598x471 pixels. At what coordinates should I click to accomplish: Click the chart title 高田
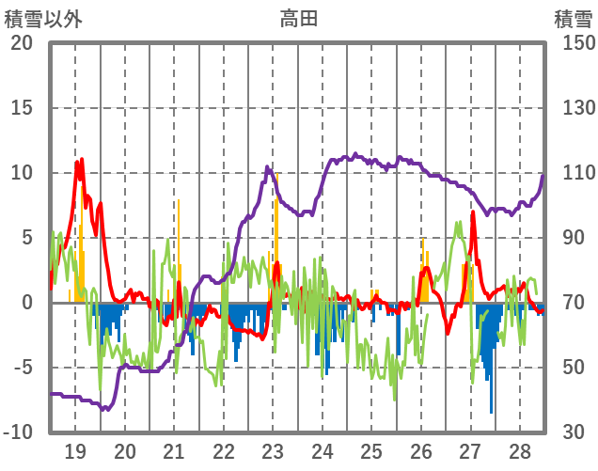[x=298, y=18]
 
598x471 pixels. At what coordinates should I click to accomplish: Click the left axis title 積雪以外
[x=42, y=18]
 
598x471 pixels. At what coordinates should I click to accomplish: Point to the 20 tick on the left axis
[x=22, y=43]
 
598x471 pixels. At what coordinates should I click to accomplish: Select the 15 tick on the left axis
[x=22, y=108]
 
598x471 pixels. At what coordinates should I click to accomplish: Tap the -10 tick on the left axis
[x=18, y=432]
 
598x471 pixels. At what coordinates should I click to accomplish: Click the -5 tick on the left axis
[x=22, y=368]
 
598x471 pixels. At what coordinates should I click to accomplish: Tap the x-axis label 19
[x=75, y=450]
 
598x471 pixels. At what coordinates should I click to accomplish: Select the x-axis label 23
[x=273, y=450]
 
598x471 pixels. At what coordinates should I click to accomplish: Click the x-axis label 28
[x=520, y=450]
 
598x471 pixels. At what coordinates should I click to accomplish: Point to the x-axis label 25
[x=371, y=450]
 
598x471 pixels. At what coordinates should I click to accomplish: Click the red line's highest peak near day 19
[x=81, y=161]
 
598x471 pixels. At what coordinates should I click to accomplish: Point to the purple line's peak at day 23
[x=268, y=167]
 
